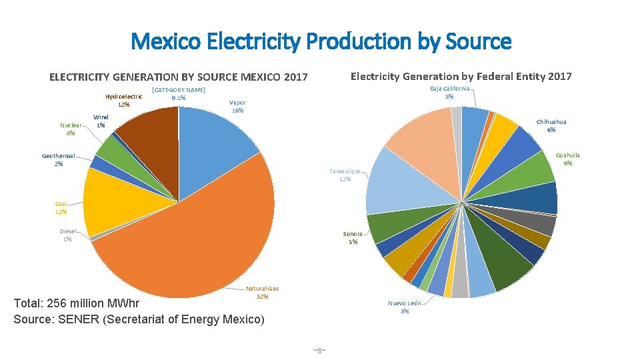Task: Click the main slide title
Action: pyautogui.click(x=321, y=41)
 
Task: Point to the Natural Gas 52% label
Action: pyautogui.click(x=262, y=292)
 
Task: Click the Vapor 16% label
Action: pyautogui.click(x=237, y=107)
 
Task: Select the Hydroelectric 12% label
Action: pyautogui.click(x=123, y=100)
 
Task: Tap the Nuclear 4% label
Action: pyautogui.click(x=71, y=129)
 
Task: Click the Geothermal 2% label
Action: pyautogui.click(x=59, y=159)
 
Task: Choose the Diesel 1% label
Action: pyautogui.click(x=67, y=235)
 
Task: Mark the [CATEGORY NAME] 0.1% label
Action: pyautogui.click(x=178, y=94)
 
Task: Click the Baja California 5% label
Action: pyautogui.click(x=449, y=92)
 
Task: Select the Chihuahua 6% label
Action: pyautogui.click(x=551, y=125)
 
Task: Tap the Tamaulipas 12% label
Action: pyautogui.click(x=345, y=175)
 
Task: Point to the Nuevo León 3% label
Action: pyautogui.click(x=405, y=307)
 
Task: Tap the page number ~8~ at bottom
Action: pyautogui.click(x=319, y=351)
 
